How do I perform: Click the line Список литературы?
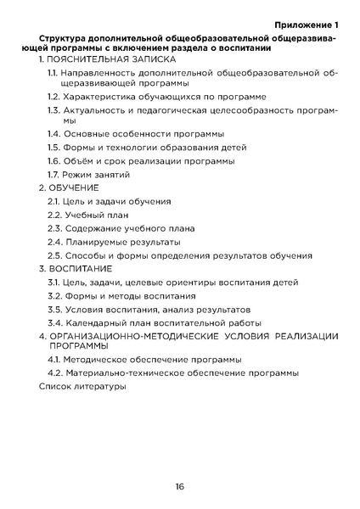82,387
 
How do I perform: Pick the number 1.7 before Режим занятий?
53,174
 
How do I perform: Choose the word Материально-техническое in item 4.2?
124,373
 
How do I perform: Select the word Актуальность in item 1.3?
95,111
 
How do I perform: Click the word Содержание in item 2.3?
93,228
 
